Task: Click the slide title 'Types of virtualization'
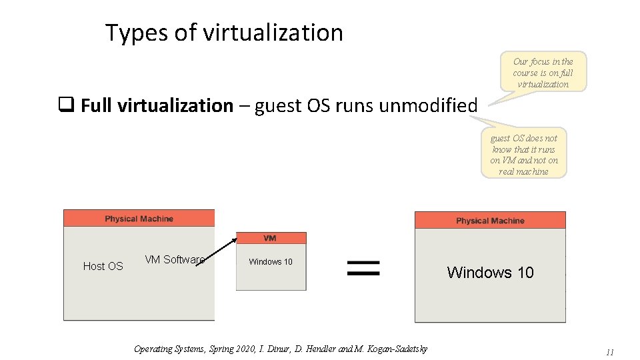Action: [224, 33]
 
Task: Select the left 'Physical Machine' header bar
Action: [139, 219]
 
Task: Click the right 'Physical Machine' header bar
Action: [490, 221]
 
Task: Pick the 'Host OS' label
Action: [103, 266]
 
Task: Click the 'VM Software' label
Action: [174, 259]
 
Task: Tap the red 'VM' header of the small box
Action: [271, 238]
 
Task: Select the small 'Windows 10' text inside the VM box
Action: [271, 262]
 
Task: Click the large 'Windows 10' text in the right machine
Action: [490, 272]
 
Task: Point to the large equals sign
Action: [364, 269]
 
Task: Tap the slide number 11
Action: [609, 352]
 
